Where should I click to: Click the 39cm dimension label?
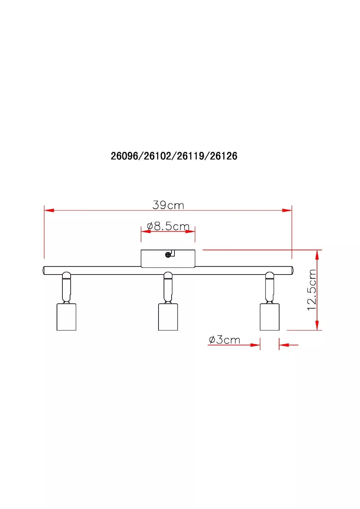168,205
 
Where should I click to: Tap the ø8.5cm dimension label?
168,226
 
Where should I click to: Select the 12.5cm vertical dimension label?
312,290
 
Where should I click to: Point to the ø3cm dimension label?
224,340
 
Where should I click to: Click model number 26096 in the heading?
124,156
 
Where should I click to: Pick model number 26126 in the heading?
224,156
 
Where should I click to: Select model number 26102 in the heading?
157,156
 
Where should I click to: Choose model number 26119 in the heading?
191,156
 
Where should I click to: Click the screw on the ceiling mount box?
168,254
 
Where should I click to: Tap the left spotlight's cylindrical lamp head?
66,317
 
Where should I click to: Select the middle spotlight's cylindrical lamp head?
168,317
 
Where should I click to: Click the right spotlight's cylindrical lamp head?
269,317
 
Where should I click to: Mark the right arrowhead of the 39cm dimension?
287,210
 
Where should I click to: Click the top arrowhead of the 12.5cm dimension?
317,254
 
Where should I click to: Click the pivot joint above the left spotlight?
67,275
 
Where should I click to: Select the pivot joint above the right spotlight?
270,275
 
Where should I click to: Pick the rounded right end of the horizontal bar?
291,270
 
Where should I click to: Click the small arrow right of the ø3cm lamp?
284,345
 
